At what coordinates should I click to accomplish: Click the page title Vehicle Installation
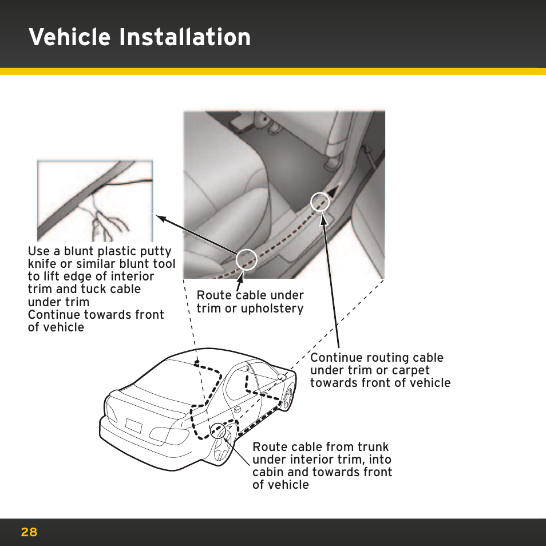(x=140, y=38)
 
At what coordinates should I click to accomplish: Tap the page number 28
(x=29, y=532)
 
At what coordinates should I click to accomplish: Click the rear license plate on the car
(x=133, y=425)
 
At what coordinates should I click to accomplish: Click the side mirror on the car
(x=282, y=377)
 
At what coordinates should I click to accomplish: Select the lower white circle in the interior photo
(x=247, y=260)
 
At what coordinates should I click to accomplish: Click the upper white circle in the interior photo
(x=319, y=201)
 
